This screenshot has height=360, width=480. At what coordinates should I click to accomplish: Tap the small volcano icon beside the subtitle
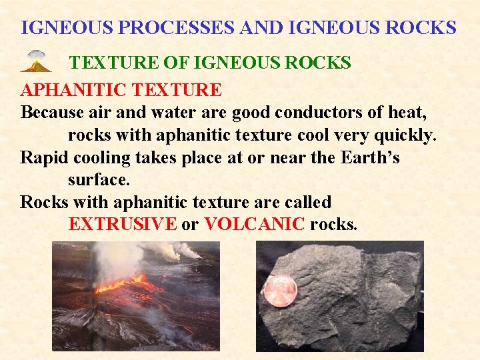click(x=35, y=61)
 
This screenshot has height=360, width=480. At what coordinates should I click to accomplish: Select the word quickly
click(x=403, y=135)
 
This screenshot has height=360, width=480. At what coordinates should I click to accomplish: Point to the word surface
click(x=99, y=180)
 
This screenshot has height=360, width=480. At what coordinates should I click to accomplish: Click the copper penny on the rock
click(x=280, y=290)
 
